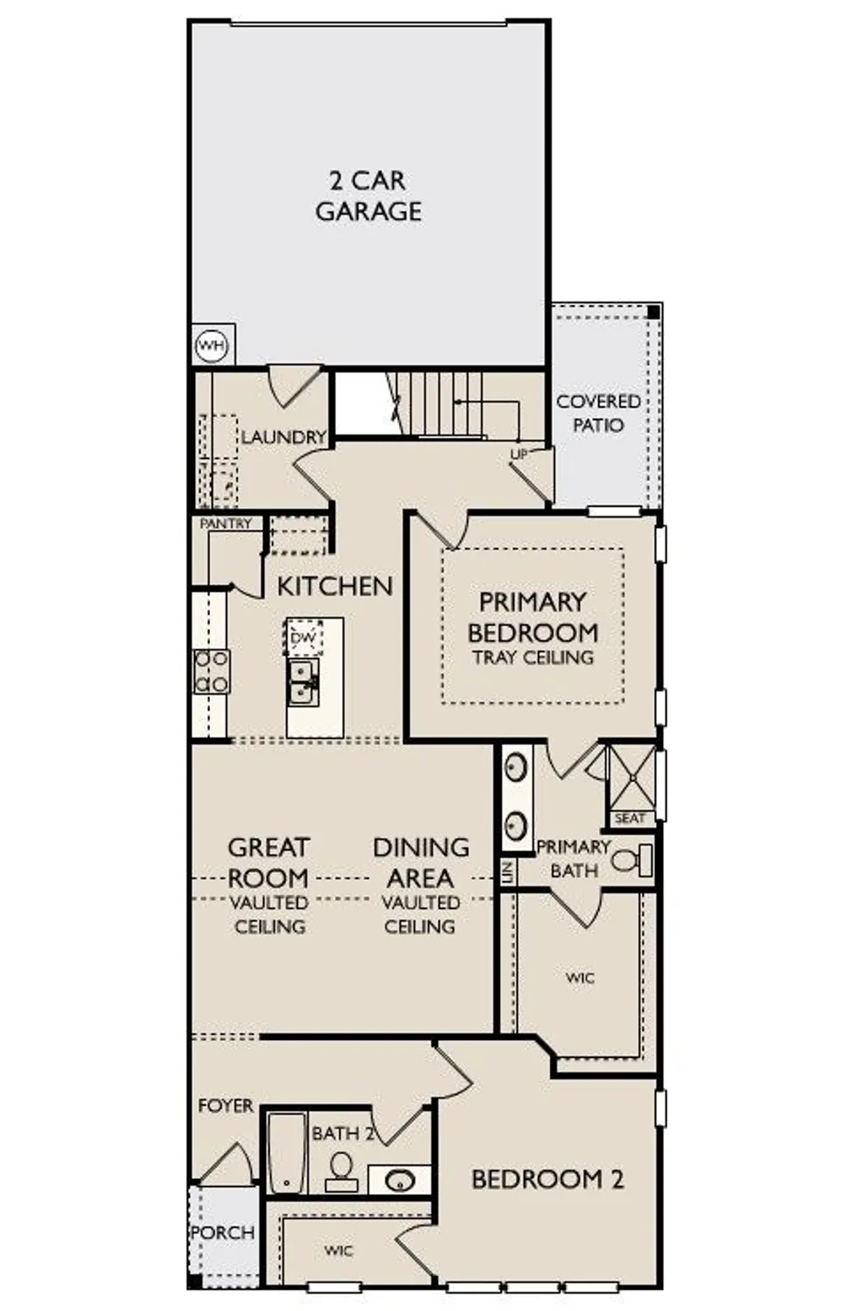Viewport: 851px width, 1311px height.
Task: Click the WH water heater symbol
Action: [211, 346]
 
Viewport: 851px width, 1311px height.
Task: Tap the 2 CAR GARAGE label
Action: [368, 197]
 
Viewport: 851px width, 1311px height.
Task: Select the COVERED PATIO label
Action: [598, 413]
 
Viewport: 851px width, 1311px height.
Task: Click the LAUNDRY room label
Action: [283, 437]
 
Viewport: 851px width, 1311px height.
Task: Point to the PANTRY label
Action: [226, 524]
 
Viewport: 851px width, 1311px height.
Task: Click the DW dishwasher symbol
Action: [303, 638]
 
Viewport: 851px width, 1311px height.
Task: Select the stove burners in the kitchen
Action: [211, 671]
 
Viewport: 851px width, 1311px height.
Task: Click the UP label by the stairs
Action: [519, 454]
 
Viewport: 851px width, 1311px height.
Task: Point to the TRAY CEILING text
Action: [533, 657]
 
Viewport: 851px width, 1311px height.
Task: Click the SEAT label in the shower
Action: [629, 819]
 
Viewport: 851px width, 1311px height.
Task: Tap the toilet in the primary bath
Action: [632, 860]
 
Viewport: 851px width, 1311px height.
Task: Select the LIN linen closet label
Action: [506, 871]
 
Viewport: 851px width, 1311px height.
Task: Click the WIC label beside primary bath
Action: [580, 978]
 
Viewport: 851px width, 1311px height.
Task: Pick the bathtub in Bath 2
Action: [286, 1153]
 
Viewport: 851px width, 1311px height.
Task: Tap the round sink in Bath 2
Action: [400, 1181]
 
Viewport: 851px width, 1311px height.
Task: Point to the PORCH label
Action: [222, 1232]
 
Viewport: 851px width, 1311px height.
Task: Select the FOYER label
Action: [226, 1106]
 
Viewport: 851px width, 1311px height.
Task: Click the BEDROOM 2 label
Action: [548, 1180]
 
